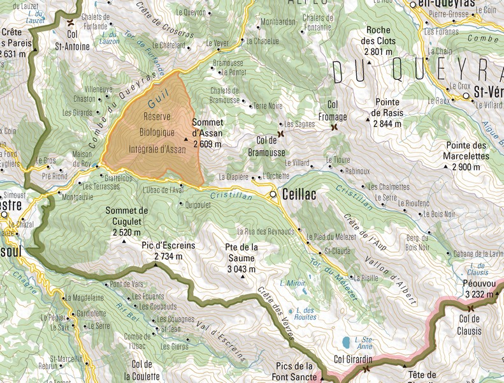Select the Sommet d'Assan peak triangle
[x=187, y=139]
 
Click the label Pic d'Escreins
[x=168, y=246]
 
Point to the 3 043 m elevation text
[x=240, y=268]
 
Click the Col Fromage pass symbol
[x=334, y=127]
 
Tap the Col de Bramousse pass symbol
[x=280, y=134]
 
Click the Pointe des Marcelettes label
[x=468, y=150]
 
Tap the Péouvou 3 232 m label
[x=482, y=289]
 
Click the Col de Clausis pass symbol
[x=472, y=308]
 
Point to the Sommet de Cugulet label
[x=127, y=215]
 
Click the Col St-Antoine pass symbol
[x=69, y=23]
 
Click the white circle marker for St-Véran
[x=466, y=96]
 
